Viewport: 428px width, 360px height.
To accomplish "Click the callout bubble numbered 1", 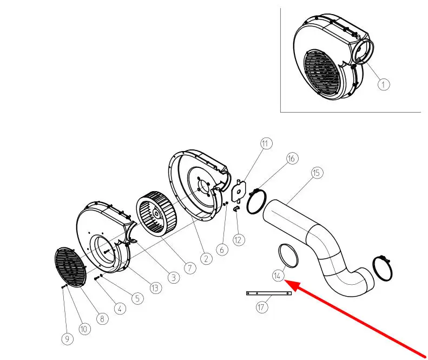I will click(x=383, y=84).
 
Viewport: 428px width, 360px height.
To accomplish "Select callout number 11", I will click(x=266, y=144).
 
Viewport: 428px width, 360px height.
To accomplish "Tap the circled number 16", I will click(x=291, y=159).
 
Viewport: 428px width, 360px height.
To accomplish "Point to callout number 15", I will click(x=317, y=173).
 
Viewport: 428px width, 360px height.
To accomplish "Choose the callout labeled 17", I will click(x=262, y=307).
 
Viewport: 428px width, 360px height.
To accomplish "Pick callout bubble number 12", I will click(x=239, y=239).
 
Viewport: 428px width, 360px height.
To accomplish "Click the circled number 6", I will click(x=221, y=250).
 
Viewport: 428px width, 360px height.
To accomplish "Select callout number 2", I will click(x=206, y=259).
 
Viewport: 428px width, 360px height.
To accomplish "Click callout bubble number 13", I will click(x=156, y=288).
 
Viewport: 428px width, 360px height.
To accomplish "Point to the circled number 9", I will click(x=67, y=339).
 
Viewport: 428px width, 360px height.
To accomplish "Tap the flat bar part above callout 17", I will click(x=269, y=293).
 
